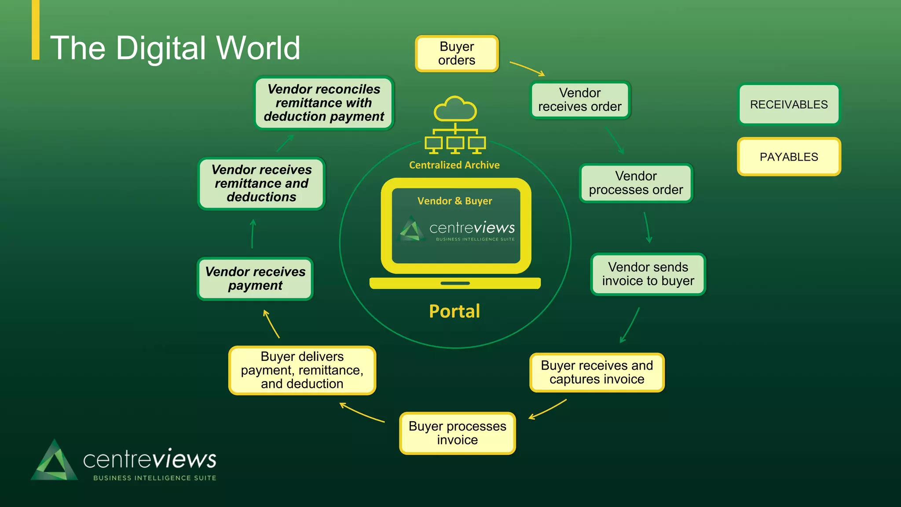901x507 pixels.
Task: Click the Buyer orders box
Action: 457,54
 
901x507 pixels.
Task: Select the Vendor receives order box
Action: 580,100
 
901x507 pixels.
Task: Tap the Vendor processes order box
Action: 636,183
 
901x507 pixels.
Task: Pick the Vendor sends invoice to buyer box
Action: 648,274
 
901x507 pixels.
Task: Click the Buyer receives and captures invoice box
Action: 597,372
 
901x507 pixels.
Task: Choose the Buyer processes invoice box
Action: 457,433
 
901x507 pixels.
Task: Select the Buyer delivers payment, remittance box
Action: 302,370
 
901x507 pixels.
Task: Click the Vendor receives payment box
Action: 255,279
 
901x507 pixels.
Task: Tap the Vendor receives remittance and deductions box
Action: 261,184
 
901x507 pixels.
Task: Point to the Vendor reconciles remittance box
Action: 324,103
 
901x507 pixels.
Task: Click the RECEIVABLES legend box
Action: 788,105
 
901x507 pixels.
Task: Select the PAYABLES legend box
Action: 788,157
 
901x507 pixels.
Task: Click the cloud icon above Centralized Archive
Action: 455,109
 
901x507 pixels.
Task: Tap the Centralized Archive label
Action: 454,165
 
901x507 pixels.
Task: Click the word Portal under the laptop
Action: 454,311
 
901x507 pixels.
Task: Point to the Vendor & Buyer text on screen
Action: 454,201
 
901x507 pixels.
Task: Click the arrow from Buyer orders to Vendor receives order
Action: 527,69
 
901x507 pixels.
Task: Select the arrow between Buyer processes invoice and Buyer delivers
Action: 362,413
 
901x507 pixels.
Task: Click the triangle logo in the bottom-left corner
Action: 55,461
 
